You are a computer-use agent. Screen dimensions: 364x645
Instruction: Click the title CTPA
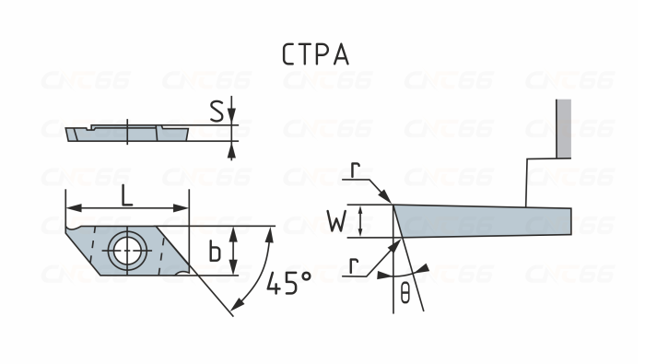click(x=315, y=54)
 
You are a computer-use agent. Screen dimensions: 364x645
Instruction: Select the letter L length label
click(x=126, y=194)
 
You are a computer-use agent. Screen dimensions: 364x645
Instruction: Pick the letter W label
click(x=338, y=221)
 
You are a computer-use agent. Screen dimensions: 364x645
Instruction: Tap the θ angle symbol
click(x=405, y=294)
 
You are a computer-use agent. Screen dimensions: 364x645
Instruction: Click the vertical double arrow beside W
click(x=360, y=221)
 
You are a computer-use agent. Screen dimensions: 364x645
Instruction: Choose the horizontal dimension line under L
click(x=126, y=207)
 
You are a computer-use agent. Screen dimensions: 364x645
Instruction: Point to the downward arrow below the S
click(x=232, y=114)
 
